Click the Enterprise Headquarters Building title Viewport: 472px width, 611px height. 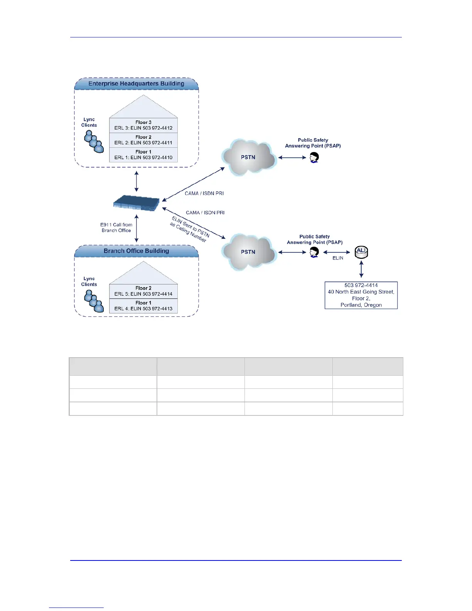[136, 84]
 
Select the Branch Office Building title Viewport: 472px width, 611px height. [136, 251]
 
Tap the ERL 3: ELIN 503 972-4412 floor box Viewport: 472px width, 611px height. [143, 125]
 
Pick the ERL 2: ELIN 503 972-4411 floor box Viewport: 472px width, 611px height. [143, 140]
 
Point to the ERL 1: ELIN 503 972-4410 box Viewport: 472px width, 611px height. [143, 155]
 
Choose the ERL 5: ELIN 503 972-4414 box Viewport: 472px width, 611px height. [143, 291]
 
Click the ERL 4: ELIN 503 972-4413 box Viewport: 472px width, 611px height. [143, 306]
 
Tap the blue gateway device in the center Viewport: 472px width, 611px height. [137, 203]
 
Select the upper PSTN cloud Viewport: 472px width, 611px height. [249, 157]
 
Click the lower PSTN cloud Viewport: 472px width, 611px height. [249, 252]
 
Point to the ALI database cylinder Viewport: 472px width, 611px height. [361, 252]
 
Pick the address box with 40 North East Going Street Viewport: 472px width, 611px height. [361, 295]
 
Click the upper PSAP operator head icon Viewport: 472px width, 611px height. [314, 157]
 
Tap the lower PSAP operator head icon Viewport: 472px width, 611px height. [314, 252]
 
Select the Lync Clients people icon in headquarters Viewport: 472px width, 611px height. [94, 142]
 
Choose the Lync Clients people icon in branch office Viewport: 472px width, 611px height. [94, 301]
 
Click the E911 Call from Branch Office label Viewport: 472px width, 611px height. [116, 228]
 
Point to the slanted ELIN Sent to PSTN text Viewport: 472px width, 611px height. [190, 229]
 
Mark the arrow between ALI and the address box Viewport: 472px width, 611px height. [361, 269]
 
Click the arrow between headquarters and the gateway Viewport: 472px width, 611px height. [137, 182]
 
